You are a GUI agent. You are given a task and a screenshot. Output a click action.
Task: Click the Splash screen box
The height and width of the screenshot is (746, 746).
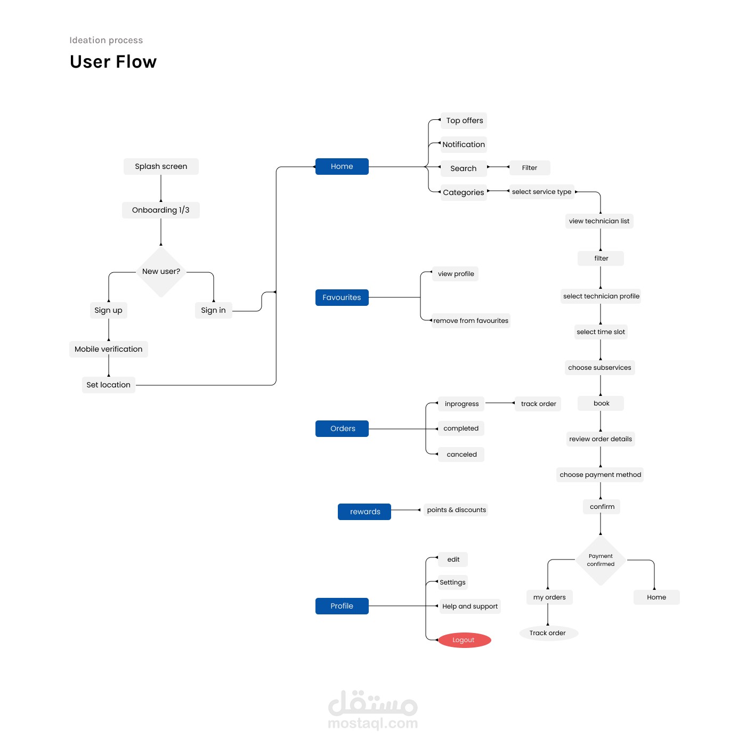161,166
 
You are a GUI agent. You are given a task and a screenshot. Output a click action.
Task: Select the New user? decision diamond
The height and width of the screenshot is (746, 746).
161,272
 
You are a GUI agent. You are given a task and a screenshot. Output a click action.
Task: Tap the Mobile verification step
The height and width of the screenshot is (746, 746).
109,349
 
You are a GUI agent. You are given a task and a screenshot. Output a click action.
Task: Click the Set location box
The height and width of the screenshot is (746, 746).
109,385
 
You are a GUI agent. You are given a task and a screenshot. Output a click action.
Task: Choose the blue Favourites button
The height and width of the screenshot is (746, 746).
342,297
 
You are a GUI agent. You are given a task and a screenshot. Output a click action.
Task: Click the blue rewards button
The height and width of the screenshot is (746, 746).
364,512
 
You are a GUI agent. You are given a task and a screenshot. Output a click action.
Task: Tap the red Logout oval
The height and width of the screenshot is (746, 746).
464,640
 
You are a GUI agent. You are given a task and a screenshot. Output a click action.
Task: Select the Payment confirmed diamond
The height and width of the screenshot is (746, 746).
601,560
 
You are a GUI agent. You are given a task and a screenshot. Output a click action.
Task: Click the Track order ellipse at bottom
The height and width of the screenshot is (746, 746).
548,633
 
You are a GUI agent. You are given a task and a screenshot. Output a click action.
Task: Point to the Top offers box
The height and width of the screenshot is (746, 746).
464,120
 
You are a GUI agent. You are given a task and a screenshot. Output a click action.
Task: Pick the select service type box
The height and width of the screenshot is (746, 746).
541,192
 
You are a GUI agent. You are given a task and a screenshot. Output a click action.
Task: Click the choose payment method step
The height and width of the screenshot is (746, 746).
600,475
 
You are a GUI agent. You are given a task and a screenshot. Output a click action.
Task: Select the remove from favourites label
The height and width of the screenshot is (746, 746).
471,321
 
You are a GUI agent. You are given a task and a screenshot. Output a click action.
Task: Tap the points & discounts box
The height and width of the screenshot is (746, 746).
456,510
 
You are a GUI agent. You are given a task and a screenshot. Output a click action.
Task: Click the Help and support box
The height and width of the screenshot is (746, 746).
470,606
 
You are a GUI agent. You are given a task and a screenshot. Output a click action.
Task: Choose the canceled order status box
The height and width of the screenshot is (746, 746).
461,455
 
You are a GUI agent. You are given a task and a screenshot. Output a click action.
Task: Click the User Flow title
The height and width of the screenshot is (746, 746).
113,62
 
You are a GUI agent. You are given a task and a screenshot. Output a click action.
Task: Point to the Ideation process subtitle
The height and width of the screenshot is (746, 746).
106,40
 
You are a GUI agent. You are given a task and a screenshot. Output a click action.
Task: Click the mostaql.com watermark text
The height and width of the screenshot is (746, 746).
373,723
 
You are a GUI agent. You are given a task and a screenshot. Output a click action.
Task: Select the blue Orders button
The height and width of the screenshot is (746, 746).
342,428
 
